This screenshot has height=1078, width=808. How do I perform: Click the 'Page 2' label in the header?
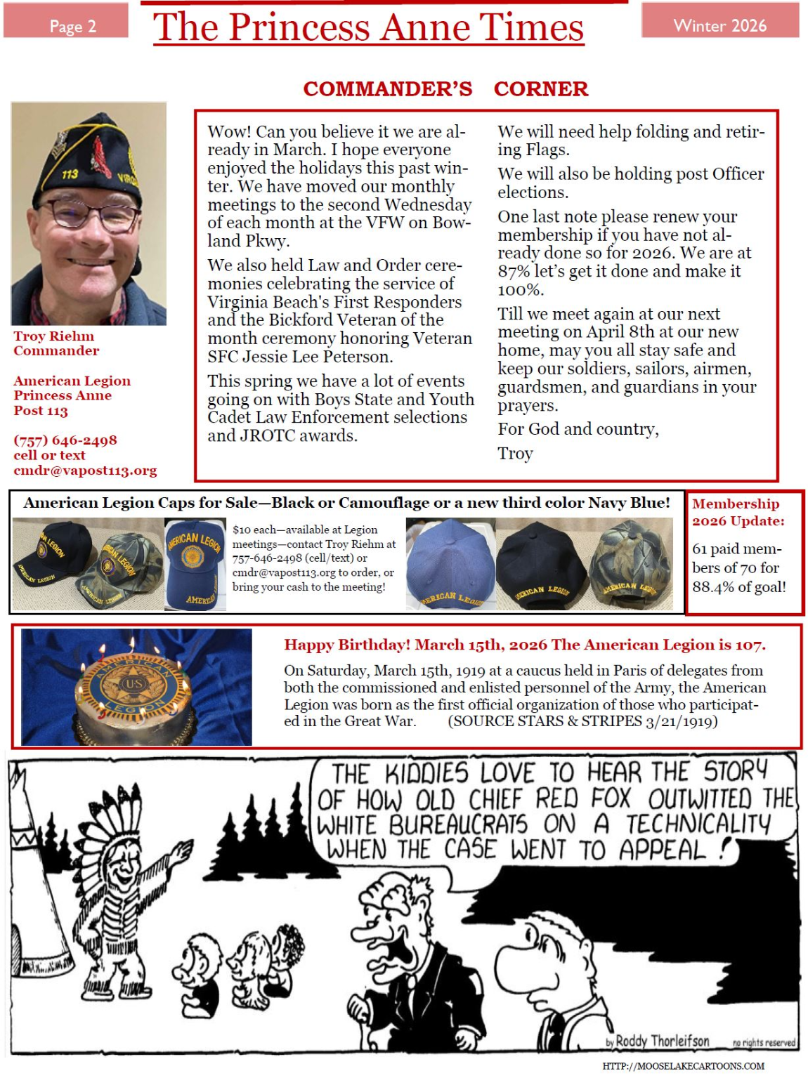click(x=72, y=26)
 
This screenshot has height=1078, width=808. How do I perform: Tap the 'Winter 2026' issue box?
click(x=719, y=25)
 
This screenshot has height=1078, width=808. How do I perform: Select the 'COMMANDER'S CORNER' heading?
click(x=445, y=89)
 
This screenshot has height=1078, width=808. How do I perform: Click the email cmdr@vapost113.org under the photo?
click(x=85, y=471)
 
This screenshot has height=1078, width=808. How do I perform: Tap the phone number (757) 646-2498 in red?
click(x=65, y=440)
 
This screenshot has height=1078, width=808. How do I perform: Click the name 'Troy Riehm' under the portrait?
click(x=54, y=336)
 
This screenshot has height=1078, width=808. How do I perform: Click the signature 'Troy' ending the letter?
click(x=515, y=454)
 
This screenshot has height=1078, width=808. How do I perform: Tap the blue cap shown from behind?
click(x=450, y=563)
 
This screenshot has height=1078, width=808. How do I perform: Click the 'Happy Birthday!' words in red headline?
click(x=347, y=645)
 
